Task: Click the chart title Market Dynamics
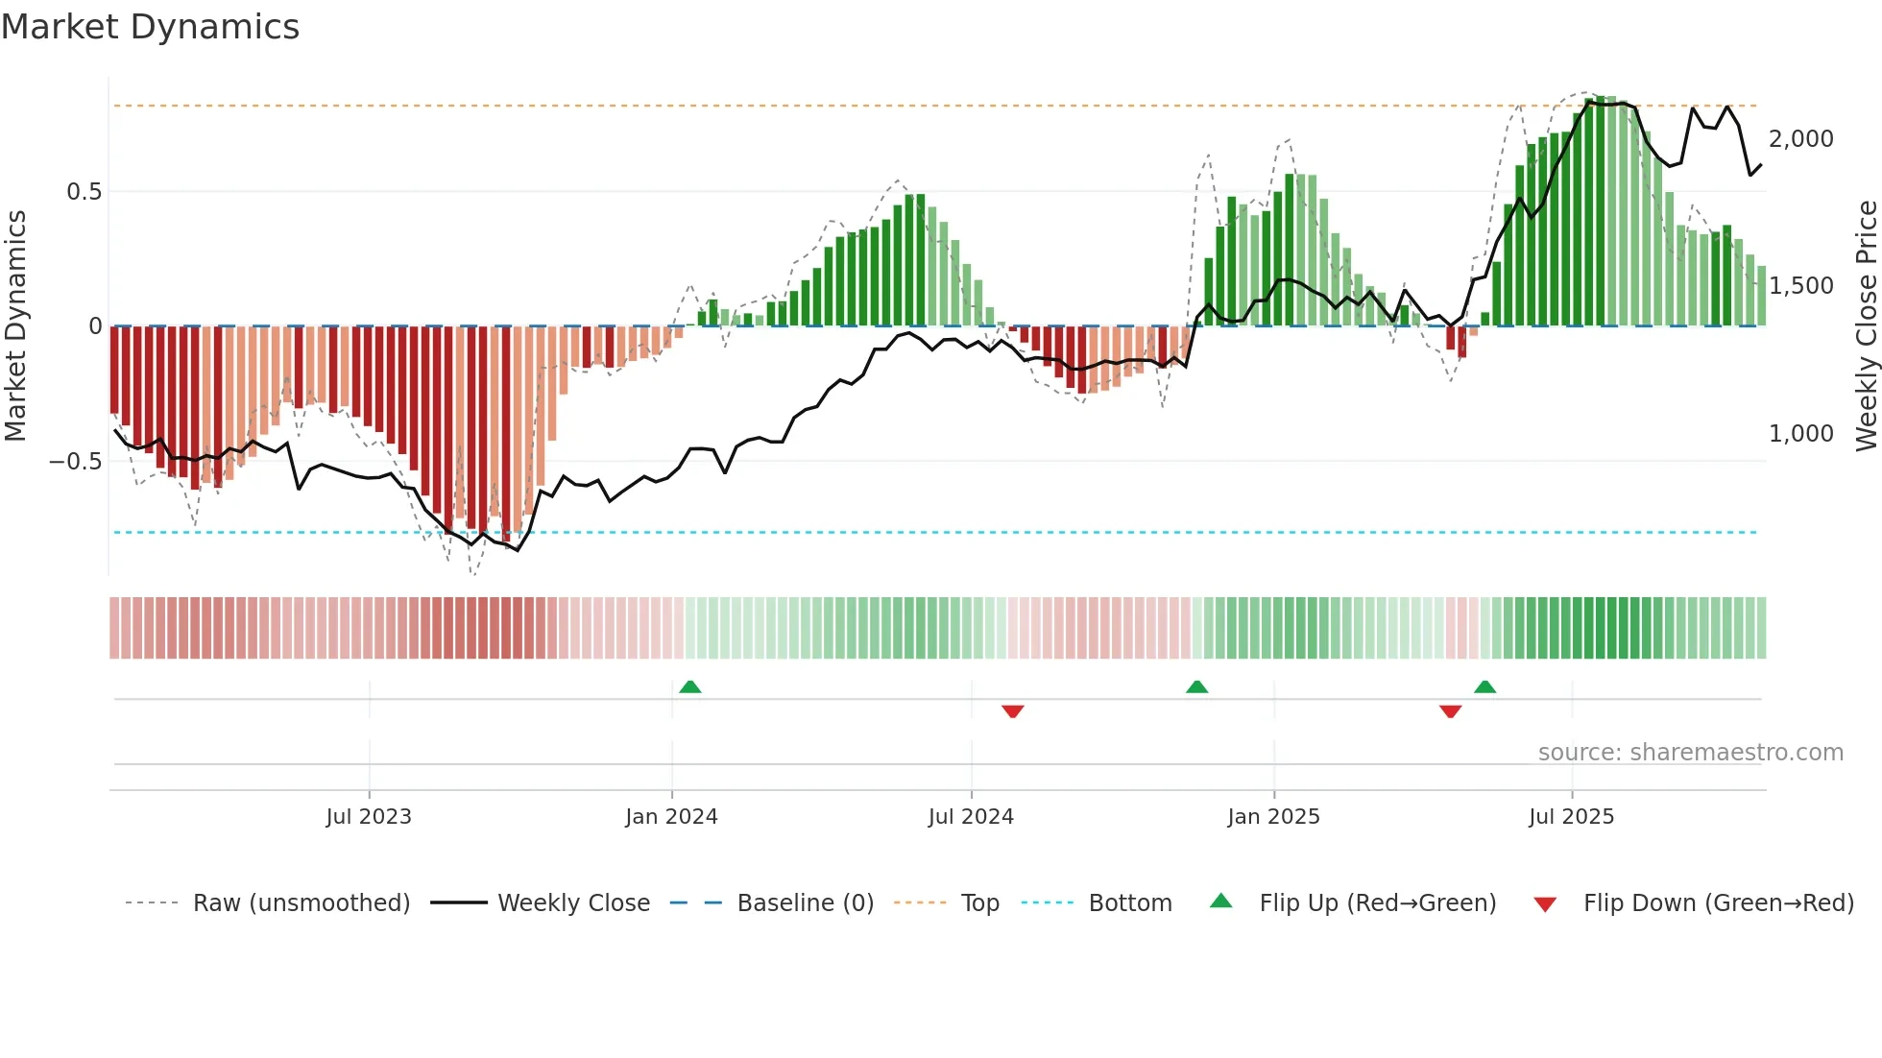[x=150, y=27]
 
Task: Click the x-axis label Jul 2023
[x=369, y=817]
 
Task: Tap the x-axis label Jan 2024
[x=671, y=817]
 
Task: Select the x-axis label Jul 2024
[x=971, y=817]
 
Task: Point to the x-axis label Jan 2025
[x=1273, y=817]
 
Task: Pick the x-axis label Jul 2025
[x=1571, y=817]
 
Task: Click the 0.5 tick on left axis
[x=84, y=192]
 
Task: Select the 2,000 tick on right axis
[x=1801, y=139]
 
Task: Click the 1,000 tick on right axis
[x=1801, y=434]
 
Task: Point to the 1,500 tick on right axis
[x=1801, y=286]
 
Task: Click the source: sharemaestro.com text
[x=1690, y=753]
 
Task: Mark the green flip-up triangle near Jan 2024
[x=689, y=686]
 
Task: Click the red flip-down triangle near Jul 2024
[x=1012, y=710]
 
